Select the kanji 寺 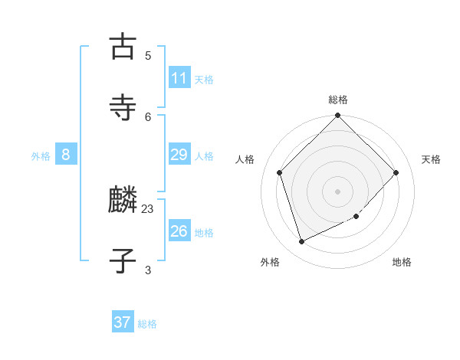pos(122,108)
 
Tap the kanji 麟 pos(122,200)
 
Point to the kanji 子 pos(122,260)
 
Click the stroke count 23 pos(148,208)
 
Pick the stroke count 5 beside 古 pos(148,55)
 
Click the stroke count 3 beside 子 pos(148,270)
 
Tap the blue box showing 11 pos(179,78)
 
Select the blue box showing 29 pos(179,155)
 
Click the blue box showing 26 pos(179,231)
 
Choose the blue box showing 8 pos(66,155)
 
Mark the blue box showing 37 pos(123,322)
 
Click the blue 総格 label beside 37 pos(147,324)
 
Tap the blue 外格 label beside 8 pos(41,156)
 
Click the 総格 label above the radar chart pos(338,100)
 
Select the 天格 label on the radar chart pos(431,159)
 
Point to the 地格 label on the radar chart pos(402,262)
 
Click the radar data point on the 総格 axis pos(338,116)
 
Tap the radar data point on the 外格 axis pos(301,242)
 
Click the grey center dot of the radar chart pos(338,191)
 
